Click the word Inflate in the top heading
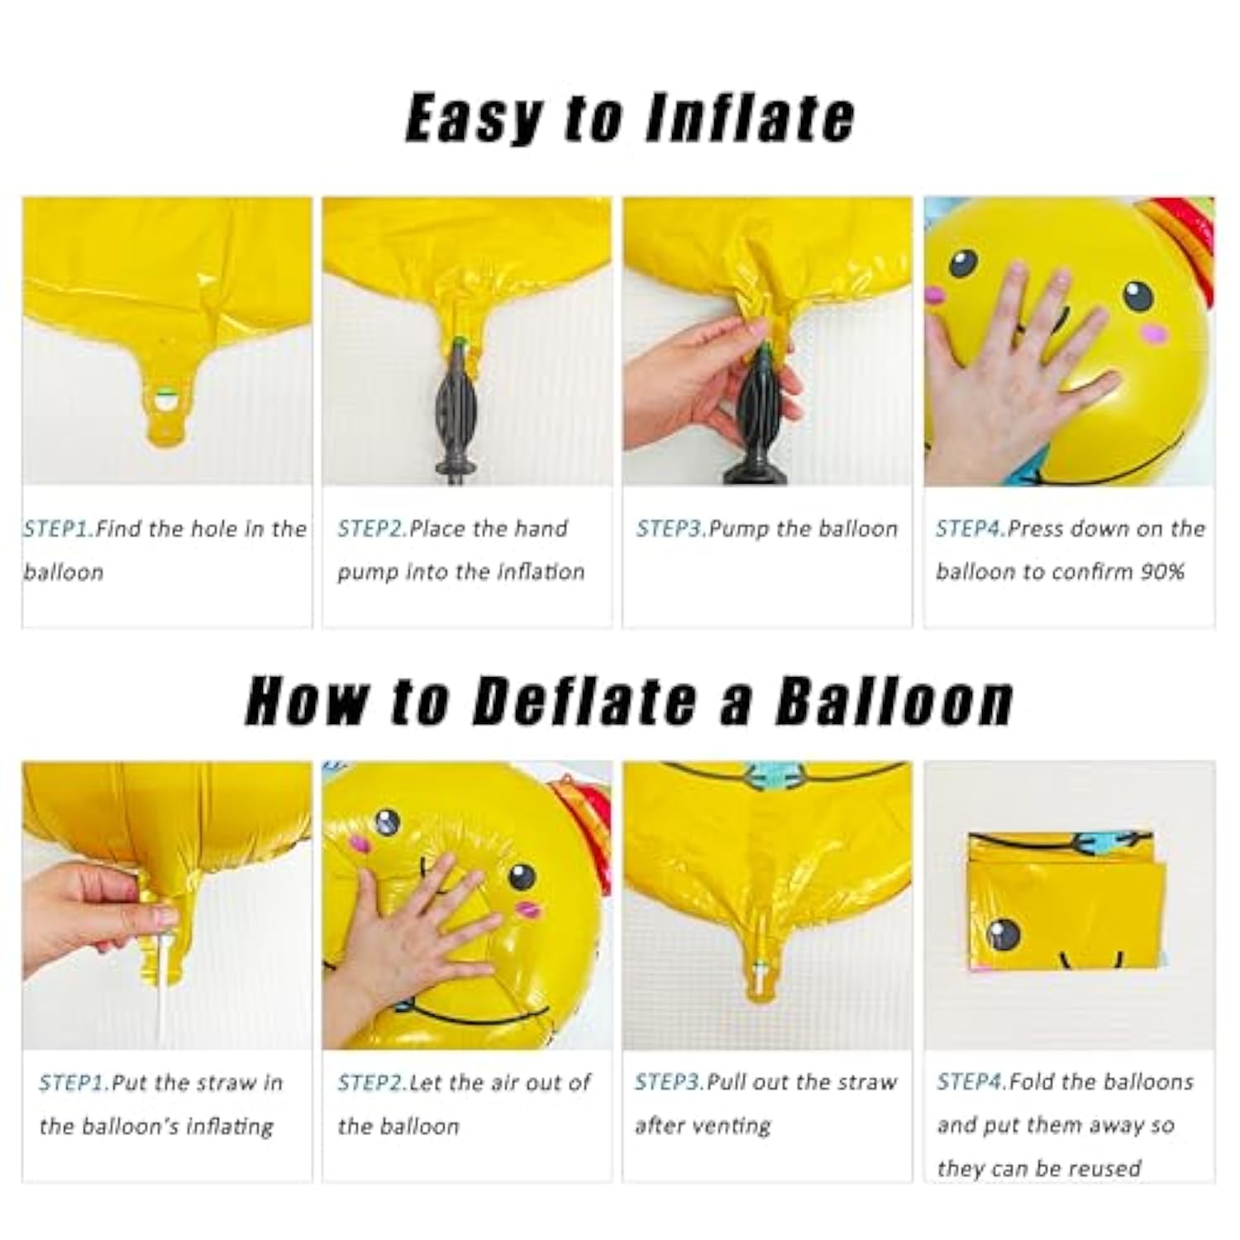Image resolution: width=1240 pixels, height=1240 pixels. [749, 118]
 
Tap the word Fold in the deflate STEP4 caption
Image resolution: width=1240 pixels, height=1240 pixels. [1030, 1082]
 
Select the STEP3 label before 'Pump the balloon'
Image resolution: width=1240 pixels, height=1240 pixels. [671, 529]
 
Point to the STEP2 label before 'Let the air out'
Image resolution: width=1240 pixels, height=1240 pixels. [372, 1083]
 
